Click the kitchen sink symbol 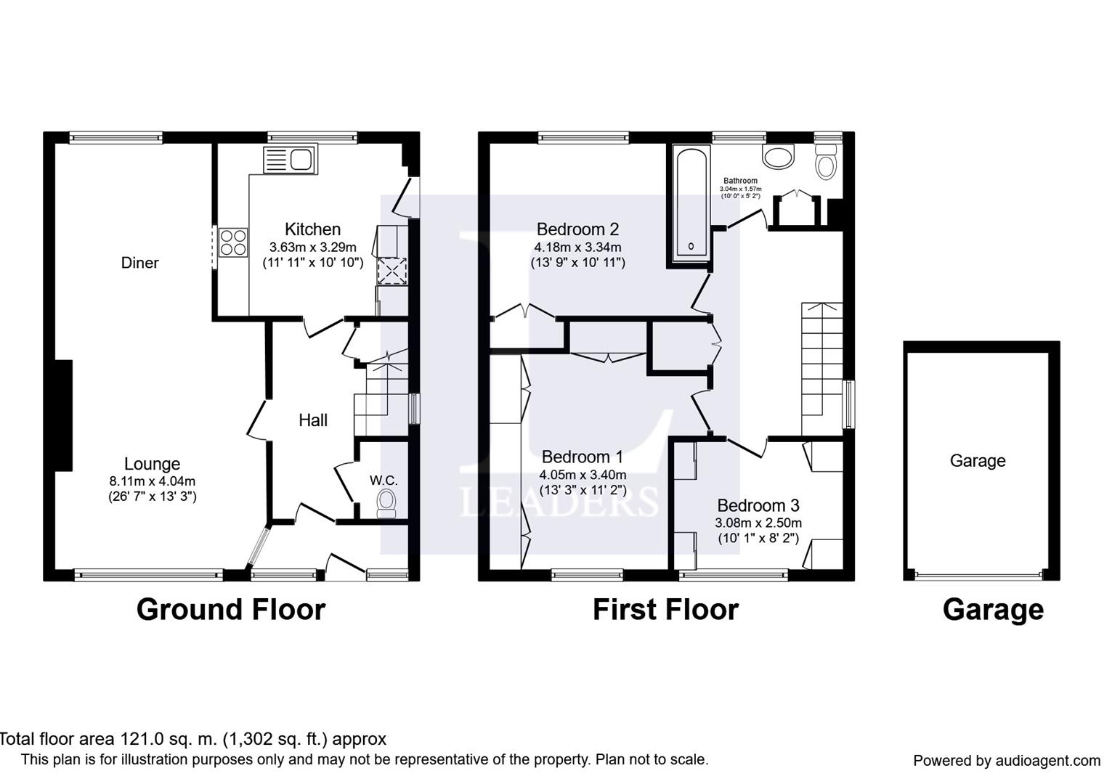pyautogui.click(x=290, y=159)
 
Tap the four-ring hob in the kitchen pyautogui.click(x=233, y=242)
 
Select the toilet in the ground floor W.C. pyautogui.click(x=386, y=504)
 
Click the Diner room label pyautogui.click(x=140, y=263)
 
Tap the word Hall pyautogui.click(x=313, y=420)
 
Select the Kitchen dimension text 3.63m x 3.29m pyautogui.click(x=313, y=247)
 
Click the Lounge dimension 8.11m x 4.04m pyautogui.click(x=153, y=481)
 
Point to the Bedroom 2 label pyautogui.click(x=577, y=229)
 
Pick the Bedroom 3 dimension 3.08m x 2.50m pyautogui.click(x=758, y=523)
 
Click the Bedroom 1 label pyautogui.click(x=583, y=457)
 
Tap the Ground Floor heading pyautogui.click(x=231, y=610)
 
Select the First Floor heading pyautogui.click(x=665, y=610)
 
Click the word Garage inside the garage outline pyautogui.click(x=978, y=461)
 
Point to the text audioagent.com pyautogui.click(x=1048, y=761)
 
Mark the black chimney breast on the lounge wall pyautogui.click(x=63, y=415)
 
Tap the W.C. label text pyautogui.click(x=384, y=481)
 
